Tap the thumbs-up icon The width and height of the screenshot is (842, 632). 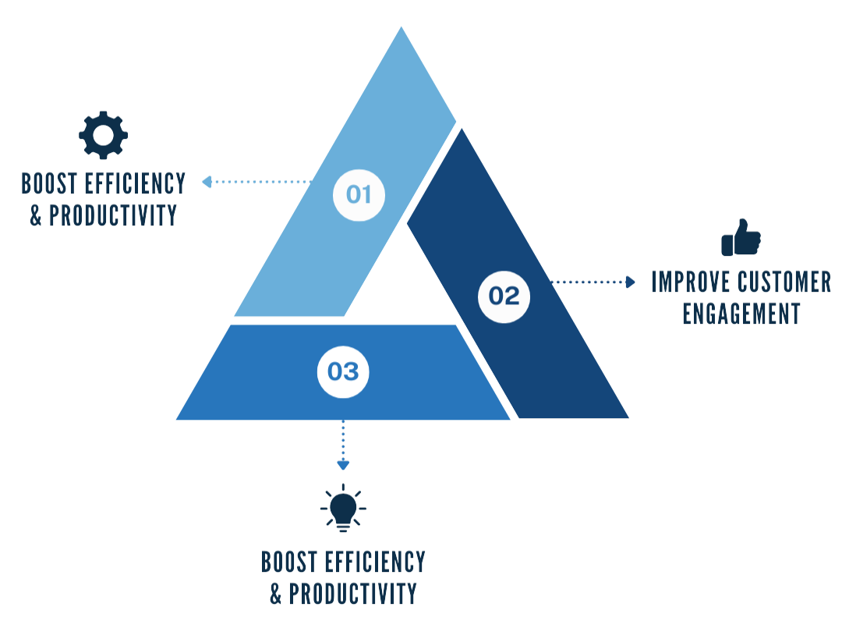tap(740, 237)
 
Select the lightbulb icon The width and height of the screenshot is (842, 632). tap(343, 508)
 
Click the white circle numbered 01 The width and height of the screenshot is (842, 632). tap(359, 194)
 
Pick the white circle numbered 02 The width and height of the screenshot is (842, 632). tap(504, 296)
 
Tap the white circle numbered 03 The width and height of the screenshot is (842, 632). tap(343, 371)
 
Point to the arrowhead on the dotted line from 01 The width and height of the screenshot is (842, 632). tap(207, 182)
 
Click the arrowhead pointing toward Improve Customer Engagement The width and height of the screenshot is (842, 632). tap(631, 282)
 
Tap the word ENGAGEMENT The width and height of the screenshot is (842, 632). tap(741, 313)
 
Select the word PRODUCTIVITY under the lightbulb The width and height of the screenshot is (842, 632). tap(352, 593)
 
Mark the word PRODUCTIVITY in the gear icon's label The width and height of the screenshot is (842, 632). tap(113, 215)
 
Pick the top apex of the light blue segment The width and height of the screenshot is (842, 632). tap(402, 30)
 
